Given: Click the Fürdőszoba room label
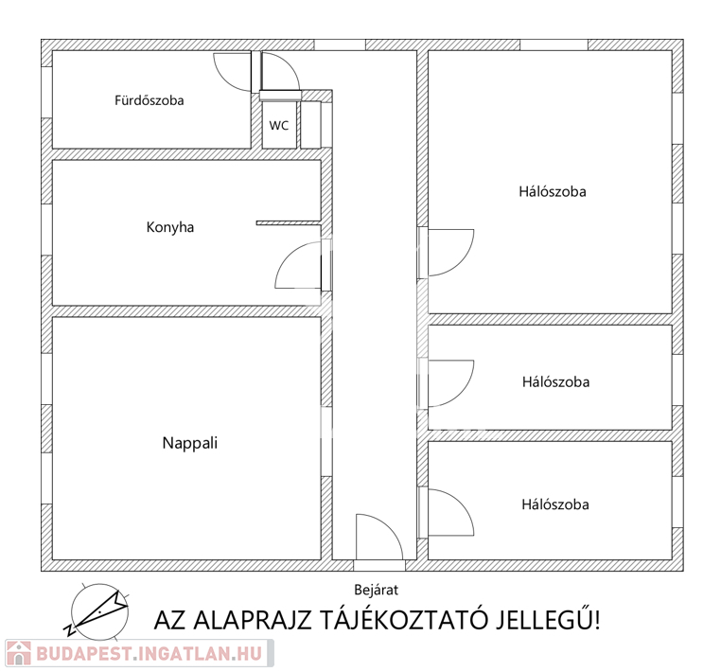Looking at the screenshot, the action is pyautogui.click(x=149, y=100).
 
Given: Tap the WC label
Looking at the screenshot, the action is pyautogui.click(x=278, y=126).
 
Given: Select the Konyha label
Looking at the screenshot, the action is pyautogui.click(x=170, y=227).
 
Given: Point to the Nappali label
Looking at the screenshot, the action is pyautogui.click(x=190, y=443).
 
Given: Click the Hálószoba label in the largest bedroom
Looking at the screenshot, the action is pyautogui.click(x=553, y=191).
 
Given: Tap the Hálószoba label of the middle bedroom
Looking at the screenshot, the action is pyautogui.click(x=555, y=381).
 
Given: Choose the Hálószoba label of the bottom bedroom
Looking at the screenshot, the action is pyautogui.click(x=555, y=504).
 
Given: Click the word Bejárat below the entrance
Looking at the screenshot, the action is pyautogui.click(x=377, y=590).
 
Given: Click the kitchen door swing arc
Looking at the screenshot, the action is pyautogui.click(x=289, y=255).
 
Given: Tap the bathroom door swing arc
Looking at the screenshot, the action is pyautogui.click(x=225, y=78).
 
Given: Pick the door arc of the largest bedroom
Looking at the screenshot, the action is pyautogui.click(x=461, y=262).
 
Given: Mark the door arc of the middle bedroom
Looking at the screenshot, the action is pyautogui.click(x=461, y=394).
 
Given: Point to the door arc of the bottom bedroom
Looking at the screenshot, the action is pyautogui.click(x=461, y=503).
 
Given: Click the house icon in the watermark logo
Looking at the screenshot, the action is pyautogui.click(x=18, y=653).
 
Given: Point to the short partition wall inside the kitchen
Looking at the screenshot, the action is pyautogui.click(x=289, y=223).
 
